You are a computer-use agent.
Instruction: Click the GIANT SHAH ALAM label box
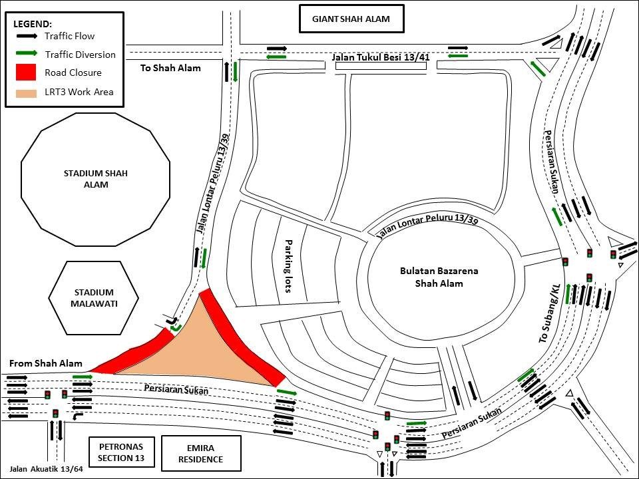(x=351, y=19)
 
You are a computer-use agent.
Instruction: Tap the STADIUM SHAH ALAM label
(x=96, y=179)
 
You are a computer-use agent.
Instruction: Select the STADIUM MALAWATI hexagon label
(x=94, y=298)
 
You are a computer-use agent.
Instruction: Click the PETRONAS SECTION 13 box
(x=121, y=452)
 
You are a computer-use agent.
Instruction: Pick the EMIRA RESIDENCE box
(x=201, y=453)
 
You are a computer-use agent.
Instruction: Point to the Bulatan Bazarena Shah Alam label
(x=439, y=277)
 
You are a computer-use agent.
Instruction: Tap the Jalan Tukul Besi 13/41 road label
(x=381, y=57)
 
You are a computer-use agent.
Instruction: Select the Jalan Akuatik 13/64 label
(x=46, y=469)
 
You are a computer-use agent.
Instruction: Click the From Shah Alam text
(x=46, y=363)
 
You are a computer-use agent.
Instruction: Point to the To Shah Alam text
(x=170, y=68)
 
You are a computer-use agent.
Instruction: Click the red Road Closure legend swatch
(x=26, y=72)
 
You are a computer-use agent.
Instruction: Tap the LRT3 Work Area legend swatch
(x=26, y=93)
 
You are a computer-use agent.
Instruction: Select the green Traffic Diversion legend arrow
(x=27, y=53)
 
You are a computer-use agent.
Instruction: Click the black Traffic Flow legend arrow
(x=27, y=36)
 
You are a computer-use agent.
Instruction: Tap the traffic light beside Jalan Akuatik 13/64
(x=55, y=413)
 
